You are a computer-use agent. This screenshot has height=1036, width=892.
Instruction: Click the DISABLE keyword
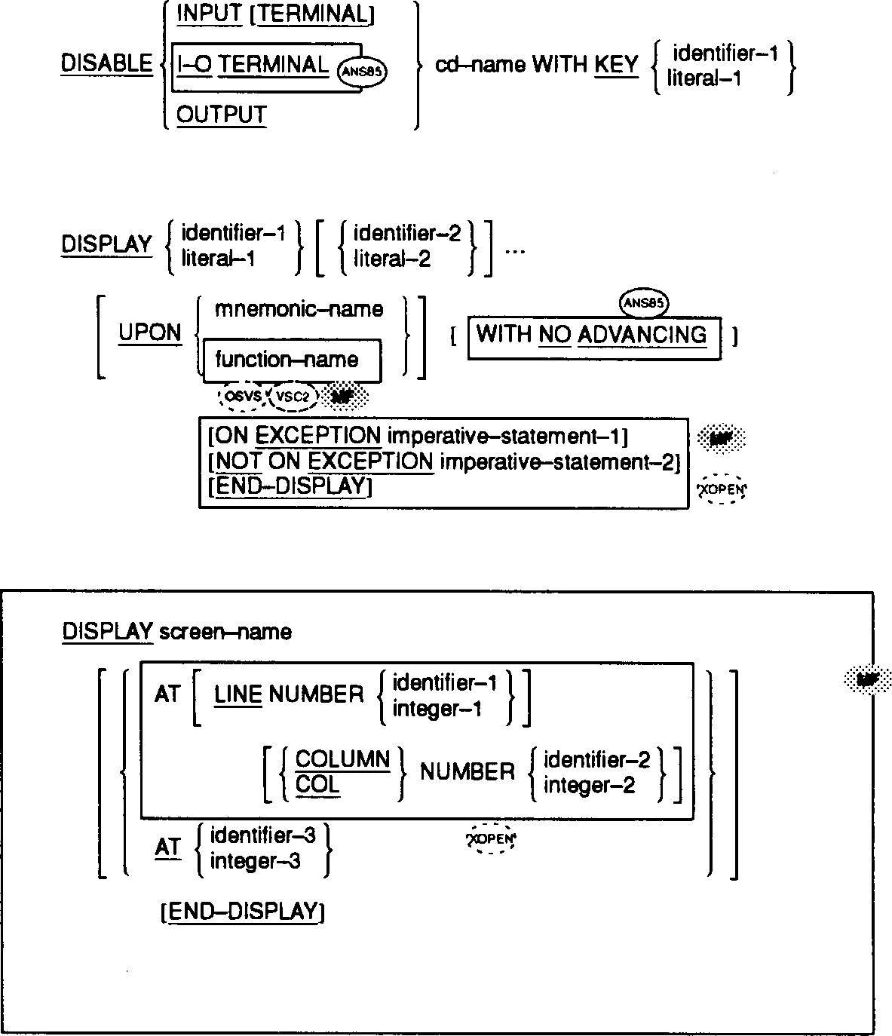pyautogui.click(x=106, y=64)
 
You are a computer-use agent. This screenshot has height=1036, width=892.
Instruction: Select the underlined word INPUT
pyautogui.click(x=209, y=14)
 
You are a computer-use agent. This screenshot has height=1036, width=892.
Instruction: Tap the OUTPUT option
pyautogui.click(x=221, y=115)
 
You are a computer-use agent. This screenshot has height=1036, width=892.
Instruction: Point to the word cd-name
pyautogui.click(x=480, y=65)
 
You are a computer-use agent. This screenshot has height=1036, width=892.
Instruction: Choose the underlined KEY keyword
pyautogui.click(x=616, y=65)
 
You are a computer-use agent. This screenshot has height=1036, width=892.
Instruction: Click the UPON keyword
pyautogui.click(x=150, y=333)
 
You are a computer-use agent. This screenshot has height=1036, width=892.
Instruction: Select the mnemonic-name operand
pyautogui.click(x=299, y=309)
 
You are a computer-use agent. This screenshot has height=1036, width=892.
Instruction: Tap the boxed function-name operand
pyautogui.click(x=287, y=360)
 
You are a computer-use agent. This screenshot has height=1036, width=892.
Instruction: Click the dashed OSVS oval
pyautogui.click(x=241, y=396)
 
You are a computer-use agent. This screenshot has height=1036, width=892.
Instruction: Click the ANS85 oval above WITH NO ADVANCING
pyautogui.click(x=645, y=304)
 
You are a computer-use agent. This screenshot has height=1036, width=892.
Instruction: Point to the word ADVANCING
pyautogui.click(x=642, y=334)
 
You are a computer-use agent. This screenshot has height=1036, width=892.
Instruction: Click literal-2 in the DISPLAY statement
pyautogui.click(x=392, y=259)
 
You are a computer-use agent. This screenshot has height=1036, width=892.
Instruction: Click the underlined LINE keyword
pyautogui.click(x=238, y=694)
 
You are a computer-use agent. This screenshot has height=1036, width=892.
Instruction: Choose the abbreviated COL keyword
pyautogui.click(x=317, y=785)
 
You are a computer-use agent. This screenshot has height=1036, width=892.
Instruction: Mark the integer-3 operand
pyautogui.click(x=255, y=860)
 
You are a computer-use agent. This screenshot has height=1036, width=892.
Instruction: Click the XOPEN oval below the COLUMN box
pyautogui.click(x=491, y=839)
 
